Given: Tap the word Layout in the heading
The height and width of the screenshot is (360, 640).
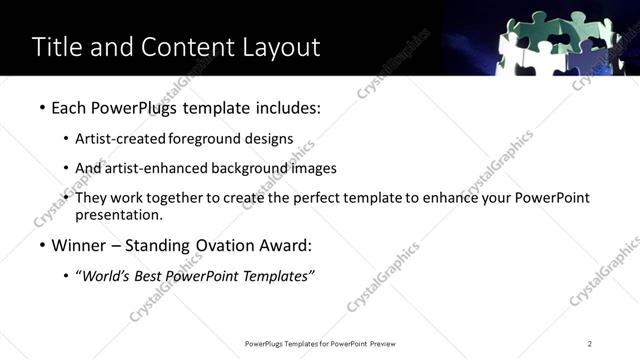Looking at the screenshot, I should point(279,47).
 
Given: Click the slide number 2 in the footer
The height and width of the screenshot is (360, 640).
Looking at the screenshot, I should point(590,344).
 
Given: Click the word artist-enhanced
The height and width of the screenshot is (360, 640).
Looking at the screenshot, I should point(156,168).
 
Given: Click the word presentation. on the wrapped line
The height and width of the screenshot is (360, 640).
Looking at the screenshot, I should point(119,215).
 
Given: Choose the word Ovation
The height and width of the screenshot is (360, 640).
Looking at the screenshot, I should point(216,246).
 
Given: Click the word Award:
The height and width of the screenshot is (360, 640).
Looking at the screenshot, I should point(285,246).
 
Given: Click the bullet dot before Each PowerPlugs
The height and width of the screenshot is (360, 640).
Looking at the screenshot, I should point(41,107).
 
